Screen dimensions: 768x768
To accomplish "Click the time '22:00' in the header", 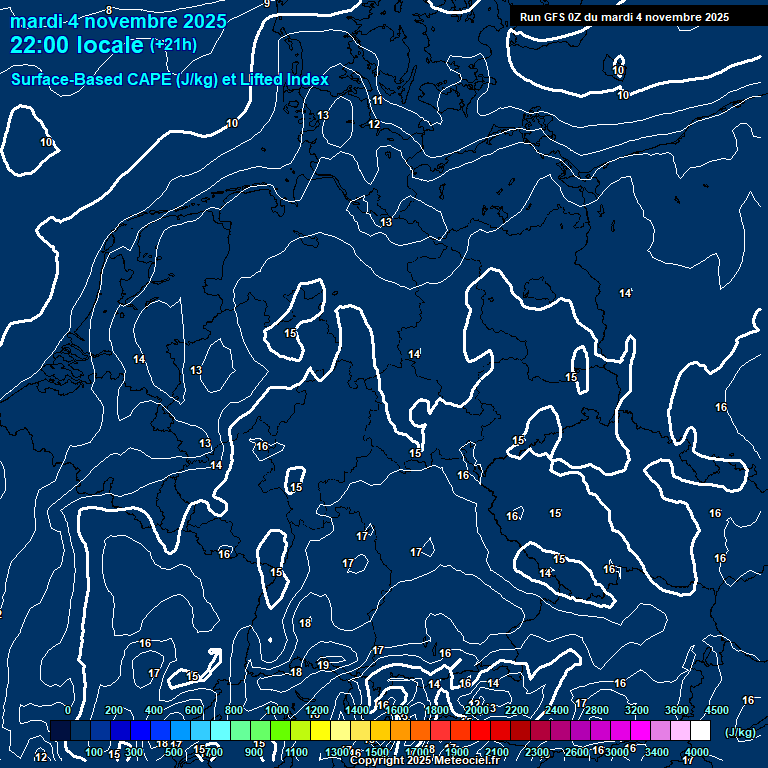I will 38,45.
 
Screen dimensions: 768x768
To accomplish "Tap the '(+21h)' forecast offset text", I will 173,45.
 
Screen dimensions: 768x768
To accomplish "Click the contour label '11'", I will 377,101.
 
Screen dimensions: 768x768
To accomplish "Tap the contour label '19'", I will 323,665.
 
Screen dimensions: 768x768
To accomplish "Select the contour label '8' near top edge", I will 108,10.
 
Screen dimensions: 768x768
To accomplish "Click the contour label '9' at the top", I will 267,4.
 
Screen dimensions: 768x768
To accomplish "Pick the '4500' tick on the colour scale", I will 717,710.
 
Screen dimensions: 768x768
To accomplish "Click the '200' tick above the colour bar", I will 114,710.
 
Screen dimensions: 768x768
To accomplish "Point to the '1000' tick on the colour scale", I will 276,710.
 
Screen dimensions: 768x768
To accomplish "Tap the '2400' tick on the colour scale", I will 557,710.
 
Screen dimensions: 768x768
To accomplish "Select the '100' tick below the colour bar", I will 94,752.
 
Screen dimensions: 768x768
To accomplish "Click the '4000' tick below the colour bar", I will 697,752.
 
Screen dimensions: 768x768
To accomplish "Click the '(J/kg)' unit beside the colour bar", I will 740,732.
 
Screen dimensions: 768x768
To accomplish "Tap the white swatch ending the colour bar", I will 700,731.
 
